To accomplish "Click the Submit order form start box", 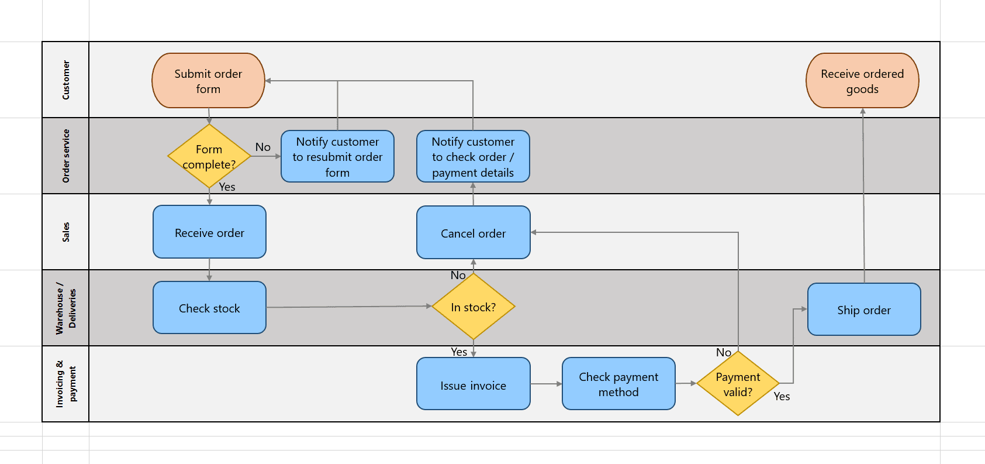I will point(208,81).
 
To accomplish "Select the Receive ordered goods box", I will point(862,81).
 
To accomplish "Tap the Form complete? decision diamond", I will point(209,156).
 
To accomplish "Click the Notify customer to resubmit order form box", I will point(337,156).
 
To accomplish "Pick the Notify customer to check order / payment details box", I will point(473,156).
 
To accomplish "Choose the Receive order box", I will point(209,232).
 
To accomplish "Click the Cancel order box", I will point(473,232).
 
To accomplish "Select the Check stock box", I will point(209,308).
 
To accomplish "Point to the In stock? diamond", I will point(474,307).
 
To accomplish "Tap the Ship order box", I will point(864,310).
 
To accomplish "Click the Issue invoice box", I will point(473,384).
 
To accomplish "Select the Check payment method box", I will point(618,384).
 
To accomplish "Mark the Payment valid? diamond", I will point(738,384).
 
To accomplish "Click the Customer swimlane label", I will point(65,80).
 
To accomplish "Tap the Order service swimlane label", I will point(65,156).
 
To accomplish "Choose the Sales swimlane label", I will point(65,232).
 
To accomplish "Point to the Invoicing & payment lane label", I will point(65,384).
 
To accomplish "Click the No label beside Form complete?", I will point(263,147).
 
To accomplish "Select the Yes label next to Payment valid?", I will point(782,396).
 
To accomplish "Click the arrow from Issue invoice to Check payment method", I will point(546,384).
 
